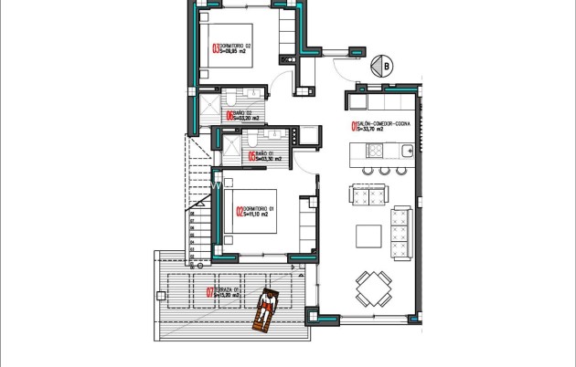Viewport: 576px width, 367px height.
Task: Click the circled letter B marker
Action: [x=386, y=66]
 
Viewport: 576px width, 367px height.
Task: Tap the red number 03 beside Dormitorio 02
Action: [x=217, y=50]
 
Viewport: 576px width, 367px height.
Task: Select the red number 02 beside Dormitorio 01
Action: [x=240, y=215]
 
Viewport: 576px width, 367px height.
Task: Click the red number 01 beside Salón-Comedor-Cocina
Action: [x=354, y=127]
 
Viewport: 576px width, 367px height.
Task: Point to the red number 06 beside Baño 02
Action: [x=229, y=116]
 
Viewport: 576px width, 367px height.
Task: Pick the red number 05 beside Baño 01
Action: [x=251, y=156]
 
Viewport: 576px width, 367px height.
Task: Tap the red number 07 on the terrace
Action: [x=210, y=293]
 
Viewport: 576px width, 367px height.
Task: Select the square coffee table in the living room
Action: [x=369, y=236]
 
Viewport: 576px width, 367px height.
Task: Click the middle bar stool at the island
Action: [x=386, y=171]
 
